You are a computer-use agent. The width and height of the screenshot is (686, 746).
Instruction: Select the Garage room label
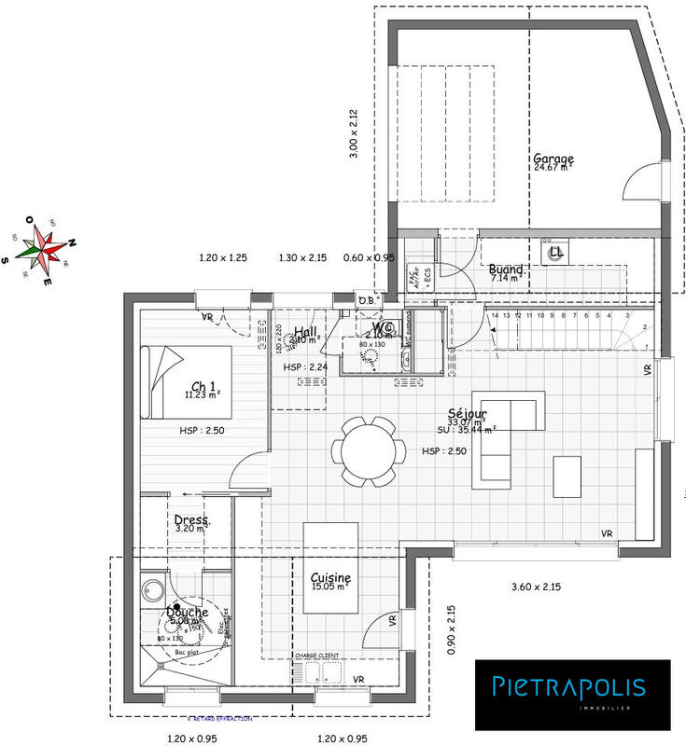pyautogui.click(x=553, y=159)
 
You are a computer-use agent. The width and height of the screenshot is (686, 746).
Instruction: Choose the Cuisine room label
pyautogui.click(x=330, y=578)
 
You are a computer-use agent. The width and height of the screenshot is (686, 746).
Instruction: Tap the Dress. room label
pyautogui.click(x=192, y=520)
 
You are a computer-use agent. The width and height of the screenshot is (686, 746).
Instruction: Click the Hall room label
pyautogui.click(x=304, y=331)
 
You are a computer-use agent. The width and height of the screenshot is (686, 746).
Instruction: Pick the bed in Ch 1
pyautogui.click(x=186, y=382)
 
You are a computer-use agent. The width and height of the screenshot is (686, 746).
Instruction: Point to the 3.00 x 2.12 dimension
pyautogui.click(x=354, y=133)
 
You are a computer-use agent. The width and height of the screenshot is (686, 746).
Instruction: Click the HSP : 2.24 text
pyautogui.click(x=306, y=367)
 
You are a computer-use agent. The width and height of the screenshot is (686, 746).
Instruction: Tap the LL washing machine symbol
pyautogui.click(x=554, y=252)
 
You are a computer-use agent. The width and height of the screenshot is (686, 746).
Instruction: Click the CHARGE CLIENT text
pyautogui.click(x=317, y=656)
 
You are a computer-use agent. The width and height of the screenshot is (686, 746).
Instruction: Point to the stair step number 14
pyautogui.click(x=495, y=317)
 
